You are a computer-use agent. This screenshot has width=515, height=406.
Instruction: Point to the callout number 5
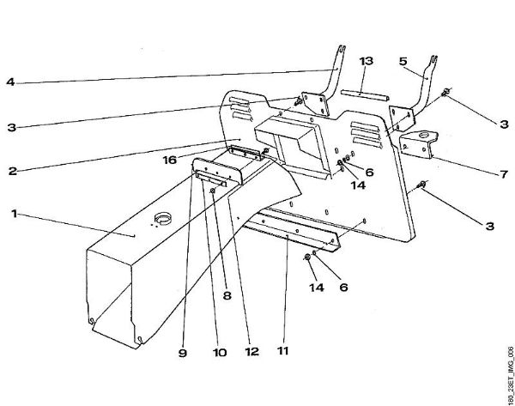(x=403, y=62)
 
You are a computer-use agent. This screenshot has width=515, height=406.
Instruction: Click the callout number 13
(x=367, y=62)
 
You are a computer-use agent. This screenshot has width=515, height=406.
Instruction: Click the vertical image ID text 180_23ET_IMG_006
(x=508, y=366)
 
